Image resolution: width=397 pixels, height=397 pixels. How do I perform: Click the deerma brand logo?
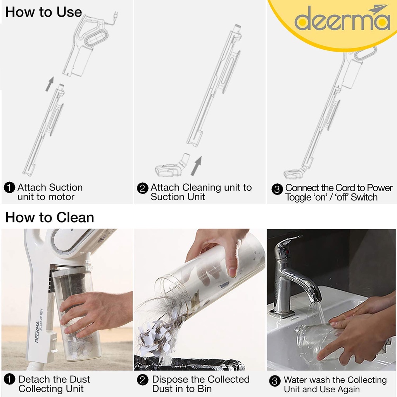click(x=342, y=18)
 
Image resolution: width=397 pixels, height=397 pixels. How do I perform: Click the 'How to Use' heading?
click(x=43, y=12)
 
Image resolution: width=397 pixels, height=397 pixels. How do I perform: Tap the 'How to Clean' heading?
click(x=50, y=217)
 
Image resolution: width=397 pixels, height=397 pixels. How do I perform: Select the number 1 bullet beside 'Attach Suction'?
click(x=10, y=188)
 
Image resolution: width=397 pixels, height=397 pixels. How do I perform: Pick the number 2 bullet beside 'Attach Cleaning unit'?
click(x=143, y=188)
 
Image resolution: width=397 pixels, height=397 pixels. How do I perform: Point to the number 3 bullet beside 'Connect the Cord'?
click(x=277, y=189)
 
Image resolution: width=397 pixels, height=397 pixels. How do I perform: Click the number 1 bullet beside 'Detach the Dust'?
click(x=10, y=379)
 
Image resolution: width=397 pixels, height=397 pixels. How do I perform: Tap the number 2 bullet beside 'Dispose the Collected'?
click(x=143, y=380)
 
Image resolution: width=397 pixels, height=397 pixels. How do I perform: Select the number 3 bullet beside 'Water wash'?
click(x=275, y=381)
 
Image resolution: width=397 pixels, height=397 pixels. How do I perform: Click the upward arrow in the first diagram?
click(x=50, y=84)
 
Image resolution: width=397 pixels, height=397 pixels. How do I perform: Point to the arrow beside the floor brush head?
click(x=197, y=166)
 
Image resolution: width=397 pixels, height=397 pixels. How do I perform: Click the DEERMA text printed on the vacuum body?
click(x=38, y=332)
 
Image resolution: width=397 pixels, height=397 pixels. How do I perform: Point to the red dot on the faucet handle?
click(x=287, y=252)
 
